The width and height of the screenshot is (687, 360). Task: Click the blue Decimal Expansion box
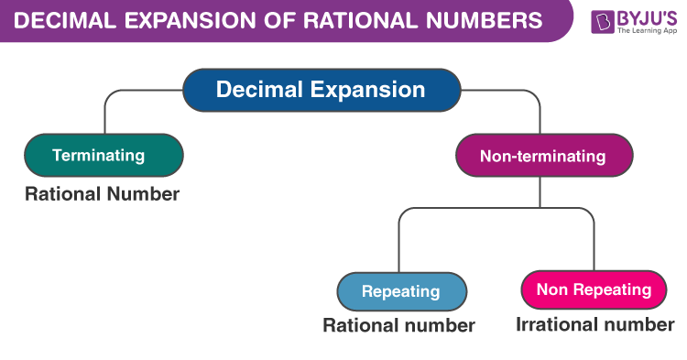pyautogui.click(x=320, y=90)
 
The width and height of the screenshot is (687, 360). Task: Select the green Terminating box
pyautogui.click(x=104, y=155)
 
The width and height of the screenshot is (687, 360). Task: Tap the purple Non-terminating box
pyautogui.click(x=543, y=156)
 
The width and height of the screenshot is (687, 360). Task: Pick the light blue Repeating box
pyautogui.click(x=401, y=292)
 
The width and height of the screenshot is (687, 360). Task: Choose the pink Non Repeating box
pyautogui.click(x=593, y=290)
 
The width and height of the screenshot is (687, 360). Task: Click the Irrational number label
pyautogui.click(x=594, y=324)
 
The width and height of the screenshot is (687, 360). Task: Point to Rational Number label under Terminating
pyautogui.click(x=103, y=194)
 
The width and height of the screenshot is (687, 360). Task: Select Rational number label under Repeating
pyautogui.click(x=398, y=325)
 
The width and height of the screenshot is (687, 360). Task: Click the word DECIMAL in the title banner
pyautogui.click(x=63, y=20)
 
